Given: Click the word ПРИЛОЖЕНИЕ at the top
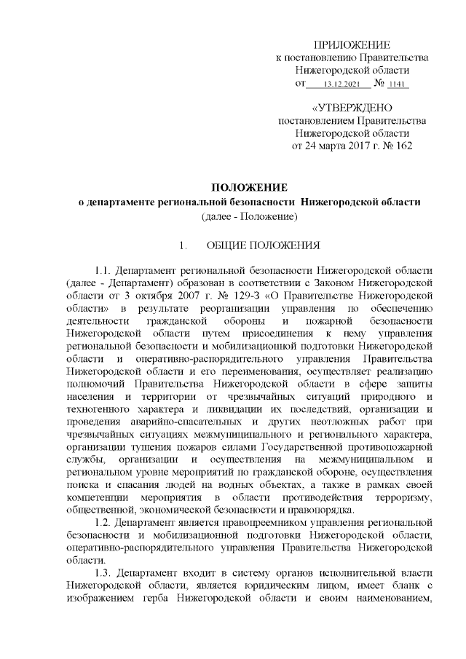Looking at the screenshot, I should [x=352, y=44].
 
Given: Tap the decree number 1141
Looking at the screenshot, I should [x=398, y=85].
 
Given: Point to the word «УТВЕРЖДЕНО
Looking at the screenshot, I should [x=352, y=108].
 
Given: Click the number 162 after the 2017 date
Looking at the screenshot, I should [x=403, y=146].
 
